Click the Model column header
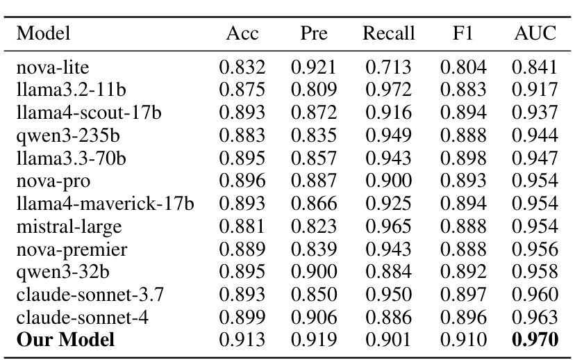[44, 34]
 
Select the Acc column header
[242, 34]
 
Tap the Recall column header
[388, 34]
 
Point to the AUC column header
[535, 34]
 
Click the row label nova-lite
[53, 68]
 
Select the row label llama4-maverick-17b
[105, 204]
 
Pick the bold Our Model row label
[65, 340]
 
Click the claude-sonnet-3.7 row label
[90, 295]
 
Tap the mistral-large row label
[69, 227]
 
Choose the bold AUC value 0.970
[535, 340]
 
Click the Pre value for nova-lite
[314, 68]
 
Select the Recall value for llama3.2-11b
[388, 91]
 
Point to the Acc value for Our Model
[242, 340]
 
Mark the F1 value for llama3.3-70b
[462, 158]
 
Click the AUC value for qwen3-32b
[535, 272]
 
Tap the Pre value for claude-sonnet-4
[314, 318]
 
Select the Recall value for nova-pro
[388, 181]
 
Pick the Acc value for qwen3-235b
[242, 136]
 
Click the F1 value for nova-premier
[462, 249]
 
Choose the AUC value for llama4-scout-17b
[535, 113]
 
